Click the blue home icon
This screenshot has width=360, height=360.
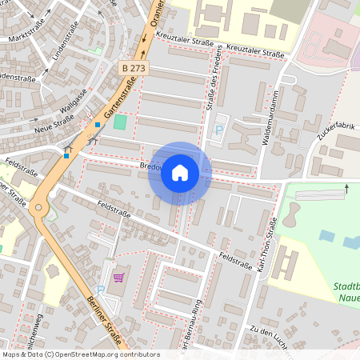point(180,173)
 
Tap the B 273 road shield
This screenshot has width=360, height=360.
point(134,68)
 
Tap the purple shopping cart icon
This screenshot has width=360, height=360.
point(118,278)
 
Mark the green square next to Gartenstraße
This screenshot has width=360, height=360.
point(120,122)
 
